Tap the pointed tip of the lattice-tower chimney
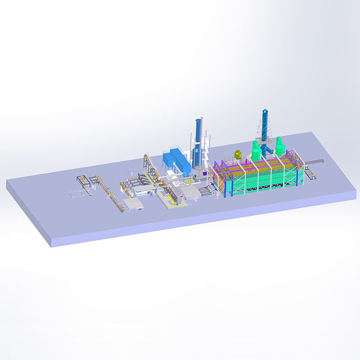[x=265, y=110]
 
